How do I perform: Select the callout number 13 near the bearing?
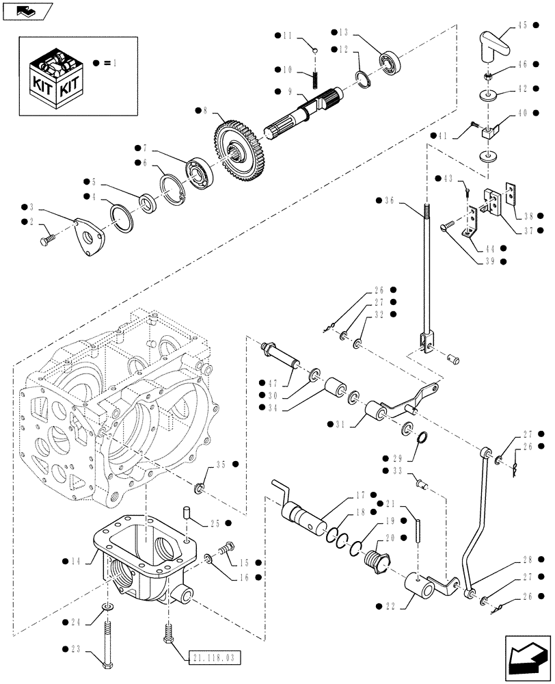[343, 32]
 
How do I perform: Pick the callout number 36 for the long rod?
[390, 200]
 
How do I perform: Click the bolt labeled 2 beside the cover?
[49, 239]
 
